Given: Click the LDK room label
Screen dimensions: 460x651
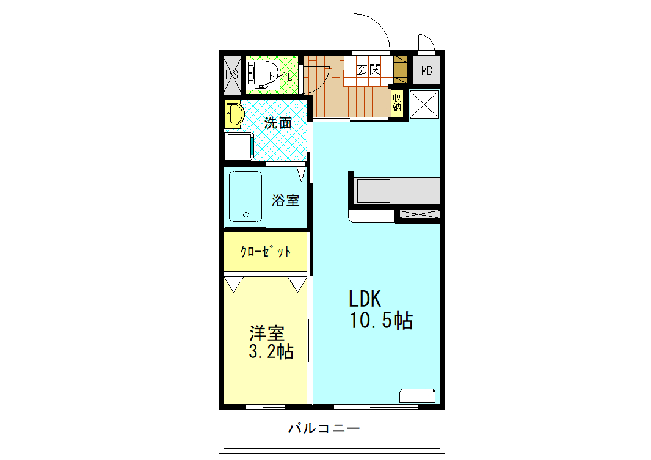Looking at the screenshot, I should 365,299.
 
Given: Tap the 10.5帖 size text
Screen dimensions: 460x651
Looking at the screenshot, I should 380,320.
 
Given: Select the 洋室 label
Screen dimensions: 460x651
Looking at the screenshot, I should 267,334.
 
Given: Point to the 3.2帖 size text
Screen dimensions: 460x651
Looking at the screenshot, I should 271,352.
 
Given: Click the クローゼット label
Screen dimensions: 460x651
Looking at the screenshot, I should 265,252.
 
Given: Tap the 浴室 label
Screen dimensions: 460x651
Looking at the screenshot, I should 285,200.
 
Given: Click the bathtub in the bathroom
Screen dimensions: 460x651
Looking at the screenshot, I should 246,197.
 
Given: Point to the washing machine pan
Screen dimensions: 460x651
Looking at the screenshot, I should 239,145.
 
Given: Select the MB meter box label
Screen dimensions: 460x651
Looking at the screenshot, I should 426,71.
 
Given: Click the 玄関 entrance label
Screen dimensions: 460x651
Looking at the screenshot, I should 368,70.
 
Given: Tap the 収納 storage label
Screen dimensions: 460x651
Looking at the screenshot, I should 397,102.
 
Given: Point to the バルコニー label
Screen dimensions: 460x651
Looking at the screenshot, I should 324,428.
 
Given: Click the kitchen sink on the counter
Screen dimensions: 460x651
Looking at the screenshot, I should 373,191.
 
